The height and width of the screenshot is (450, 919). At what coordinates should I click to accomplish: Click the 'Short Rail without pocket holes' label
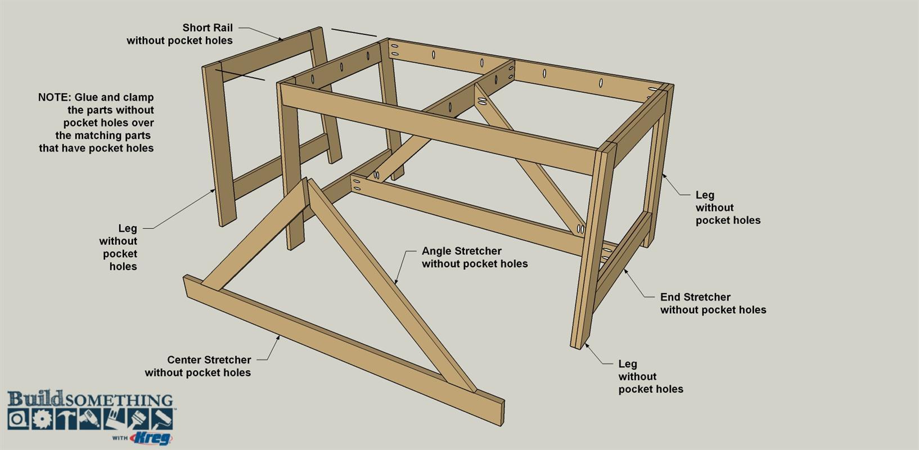180,34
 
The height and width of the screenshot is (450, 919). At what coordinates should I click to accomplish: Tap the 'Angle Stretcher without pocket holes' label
475,257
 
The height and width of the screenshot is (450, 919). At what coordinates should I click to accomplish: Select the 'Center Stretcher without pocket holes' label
198,366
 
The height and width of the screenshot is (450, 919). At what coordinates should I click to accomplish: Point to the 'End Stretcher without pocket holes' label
713,303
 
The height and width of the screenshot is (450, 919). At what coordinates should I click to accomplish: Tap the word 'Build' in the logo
35,398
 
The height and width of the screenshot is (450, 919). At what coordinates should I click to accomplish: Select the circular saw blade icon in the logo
42,419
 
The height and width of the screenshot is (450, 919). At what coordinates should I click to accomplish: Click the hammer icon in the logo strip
66,419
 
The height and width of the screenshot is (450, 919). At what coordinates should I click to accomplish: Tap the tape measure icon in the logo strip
18,419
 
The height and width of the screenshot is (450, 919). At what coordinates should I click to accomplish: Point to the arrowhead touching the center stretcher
278,338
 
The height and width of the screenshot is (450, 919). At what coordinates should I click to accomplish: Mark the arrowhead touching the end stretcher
625,271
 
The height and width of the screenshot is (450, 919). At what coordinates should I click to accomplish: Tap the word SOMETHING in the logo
119,400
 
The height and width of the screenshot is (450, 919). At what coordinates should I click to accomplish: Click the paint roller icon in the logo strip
161,419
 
